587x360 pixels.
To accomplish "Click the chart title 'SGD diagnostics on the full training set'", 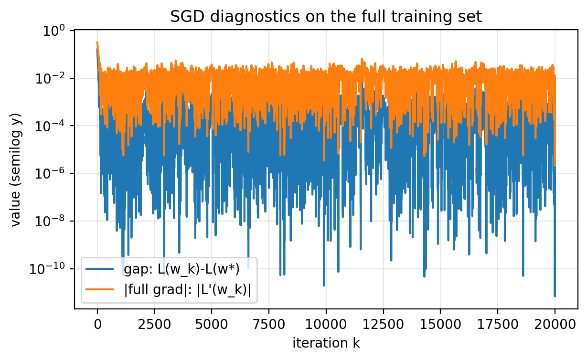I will pos(326,16).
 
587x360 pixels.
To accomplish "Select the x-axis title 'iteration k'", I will pos(326,343).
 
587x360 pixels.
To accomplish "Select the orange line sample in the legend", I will pos(100,290).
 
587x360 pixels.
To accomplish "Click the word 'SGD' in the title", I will pos(186,16).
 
